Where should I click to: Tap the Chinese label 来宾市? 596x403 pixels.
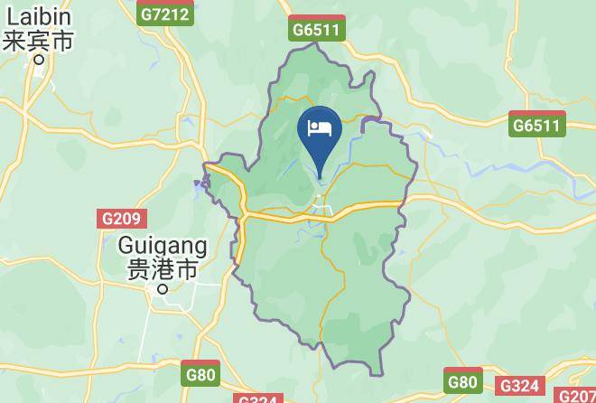(39, 41)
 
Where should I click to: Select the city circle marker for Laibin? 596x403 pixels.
(39, 61)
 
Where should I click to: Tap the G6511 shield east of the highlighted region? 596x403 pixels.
(536, 125)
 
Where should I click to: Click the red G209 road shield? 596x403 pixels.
(120, 219)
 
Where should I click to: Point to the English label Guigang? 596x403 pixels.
(163, 245)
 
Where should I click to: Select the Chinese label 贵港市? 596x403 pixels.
(163, 269)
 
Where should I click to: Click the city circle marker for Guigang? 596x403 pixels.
(163, 289)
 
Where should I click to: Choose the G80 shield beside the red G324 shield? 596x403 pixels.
(462, 381)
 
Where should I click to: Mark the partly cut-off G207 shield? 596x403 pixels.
(575, 396)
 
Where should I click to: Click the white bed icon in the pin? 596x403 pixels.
(320, 128)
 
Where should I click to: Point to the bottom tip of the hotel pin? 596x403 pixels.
(320, 178)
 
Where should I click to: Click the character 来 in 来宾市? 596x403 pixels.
(15, 41)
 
